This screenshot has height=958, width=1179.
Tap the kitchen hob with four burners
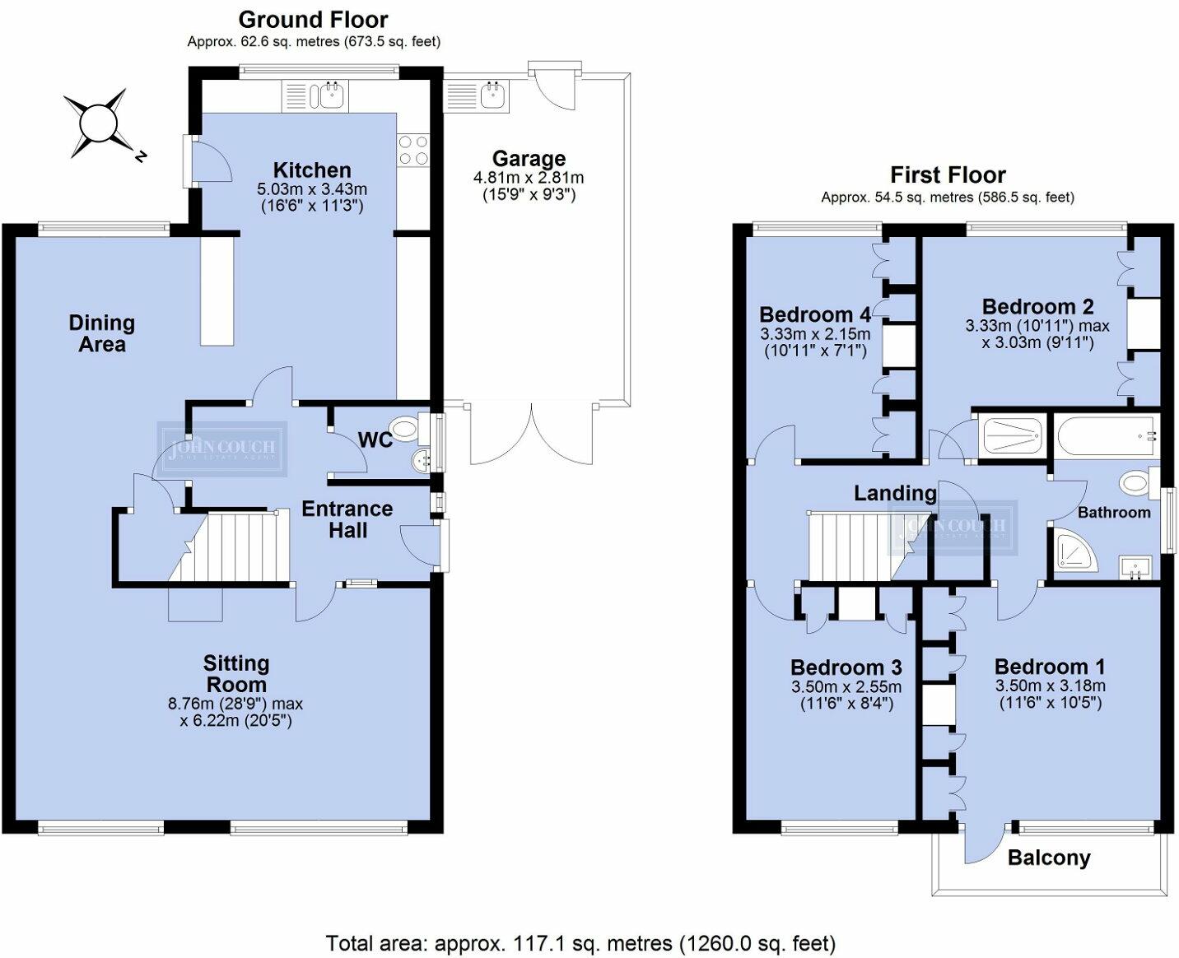413,151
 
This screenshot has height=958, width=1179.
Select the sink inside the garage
491,95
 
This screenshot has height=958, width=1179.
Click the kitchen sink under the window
332,95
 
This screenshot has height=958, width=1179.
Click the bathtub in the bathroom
1107,435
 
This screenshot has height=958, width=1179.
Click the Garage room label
529,159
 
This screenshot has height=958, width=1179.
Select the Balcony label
1049,858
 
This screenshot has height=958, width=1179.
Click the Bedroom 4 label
815,314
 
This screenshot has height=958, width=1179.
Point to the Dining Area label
102,333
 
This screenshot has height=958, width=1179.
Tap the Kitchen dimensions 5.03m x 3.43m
312,189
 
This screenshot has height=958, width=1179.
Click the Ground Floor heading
314,20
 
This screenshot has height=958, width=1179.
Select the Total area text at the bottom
580,942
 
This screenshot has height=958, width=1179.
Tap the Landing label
895,493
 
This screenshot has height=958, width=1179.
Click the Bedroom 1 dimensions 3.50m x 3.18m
1050,686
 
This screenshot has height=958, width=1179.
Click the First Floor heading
948,175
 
